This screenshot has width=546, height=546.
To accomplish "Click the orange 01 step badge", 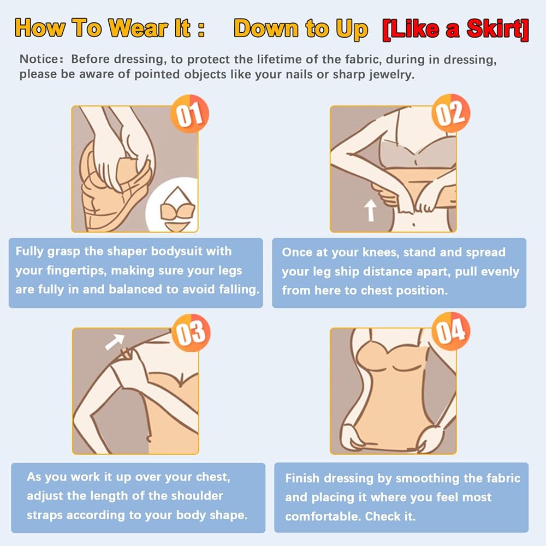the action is [189, 114].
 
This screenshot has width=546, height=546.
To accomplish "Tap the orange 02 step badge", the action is [451, 113].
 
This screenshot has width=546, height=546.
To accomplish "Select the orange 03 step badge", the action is [191, 333].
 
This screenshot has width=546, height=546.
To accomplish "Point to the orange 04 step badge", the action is [451, 331].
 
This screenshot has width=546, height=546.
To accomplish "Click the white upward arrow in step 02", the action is [370, 210].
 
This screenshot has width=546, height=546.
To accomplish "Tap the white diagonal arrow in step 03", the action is [115, 342].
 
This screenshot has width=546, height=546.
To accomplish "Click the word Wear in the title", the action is [138, 28].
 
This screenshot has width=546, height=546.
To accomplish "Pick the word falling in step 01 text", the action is [239, 290].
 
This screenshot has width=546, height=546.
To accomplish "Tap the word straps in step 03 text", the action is [45, 515].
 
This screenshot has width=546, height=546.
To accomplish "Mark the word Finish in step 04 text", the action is [302, 478].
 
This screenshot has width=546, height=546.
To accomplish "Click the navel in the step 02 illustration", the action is [414, 224].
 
